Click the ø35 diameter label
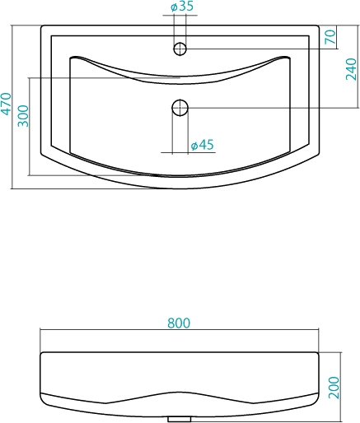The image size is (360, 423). pos(182,6)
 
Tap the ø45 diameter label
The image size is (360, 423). pos(202,145)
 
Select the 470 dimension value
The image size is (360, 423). pos(6,104)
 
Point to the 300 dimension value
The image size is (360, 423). pos(23,116)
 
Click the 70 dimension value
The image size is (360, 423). pos(330,37)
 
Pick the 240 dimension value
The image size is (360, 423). pos(351,69)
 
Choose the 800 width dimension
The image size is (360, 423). pos(179,323)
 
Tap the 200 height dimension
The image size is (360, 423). pos(334,388)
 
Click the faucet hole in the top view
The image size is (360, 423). pos(180,49)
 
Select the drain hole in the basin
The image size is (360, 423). pos(180,108)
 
